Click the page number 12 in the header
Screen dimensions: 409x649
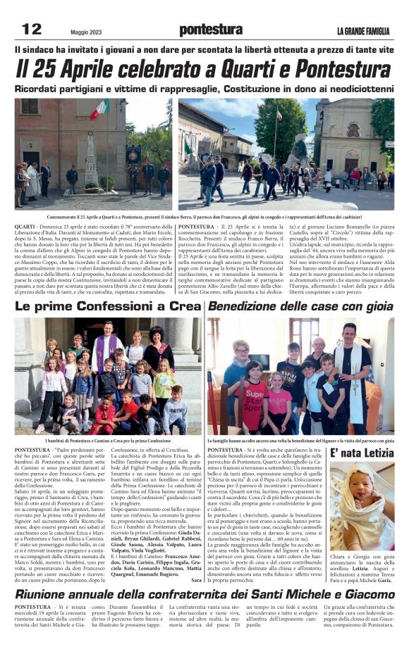point(32,29)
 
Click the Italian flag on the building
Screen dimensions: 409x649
point(99,110)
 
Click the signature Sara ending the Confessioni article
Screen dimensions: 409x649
point(196,579)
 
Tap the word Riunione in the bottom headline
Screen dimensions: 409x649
point(49,595)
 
